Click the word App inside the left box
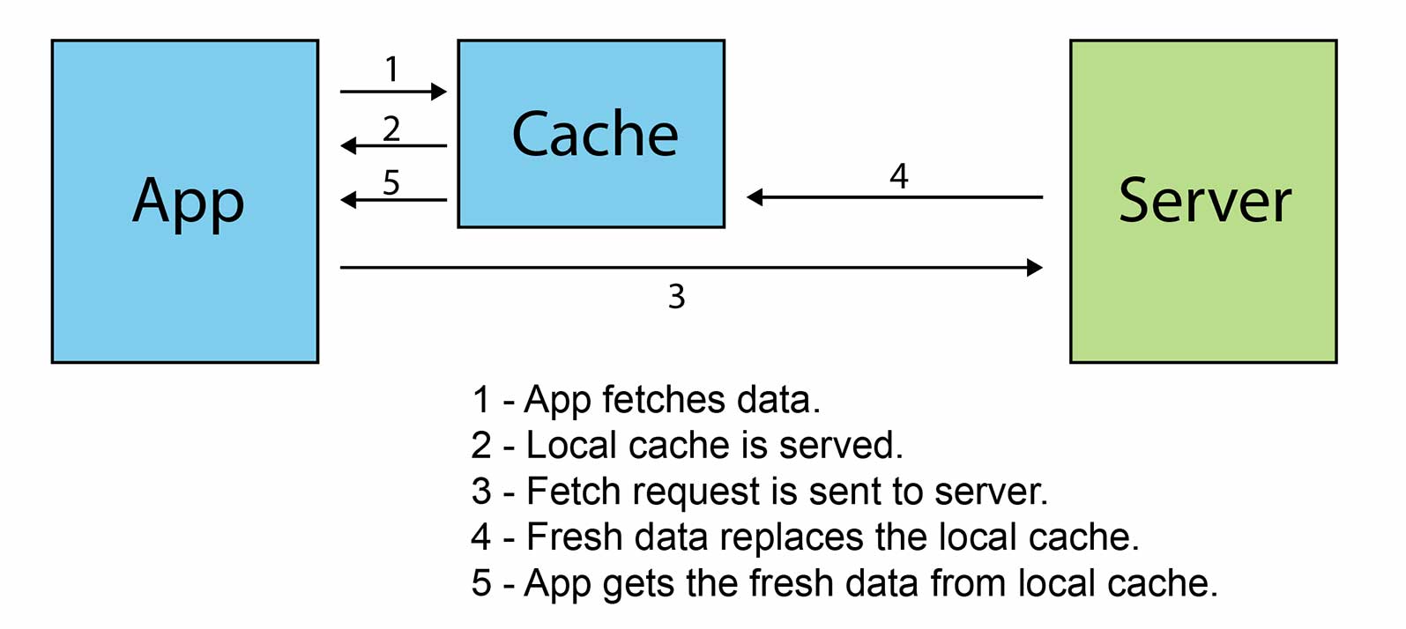point(188,201)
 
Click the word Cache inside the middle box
point(595,135)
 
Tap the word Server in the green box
point(1204,201)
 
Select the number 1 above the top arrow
point(392,69)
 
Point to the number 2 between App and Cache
point(391,129)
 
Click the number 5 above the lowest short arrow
point(391,182)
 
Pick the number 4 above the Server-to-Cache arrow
point(898,176)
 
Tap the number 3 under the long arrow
point(676,297)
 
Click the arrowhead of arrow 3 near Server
point(1035,267)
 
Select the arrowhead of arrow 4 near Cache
point(755,197)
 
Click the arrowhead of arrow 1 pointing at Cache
point(439,91)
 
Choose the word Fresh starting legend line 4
point(574,537)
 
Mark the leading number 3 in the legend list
point(480,492)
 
